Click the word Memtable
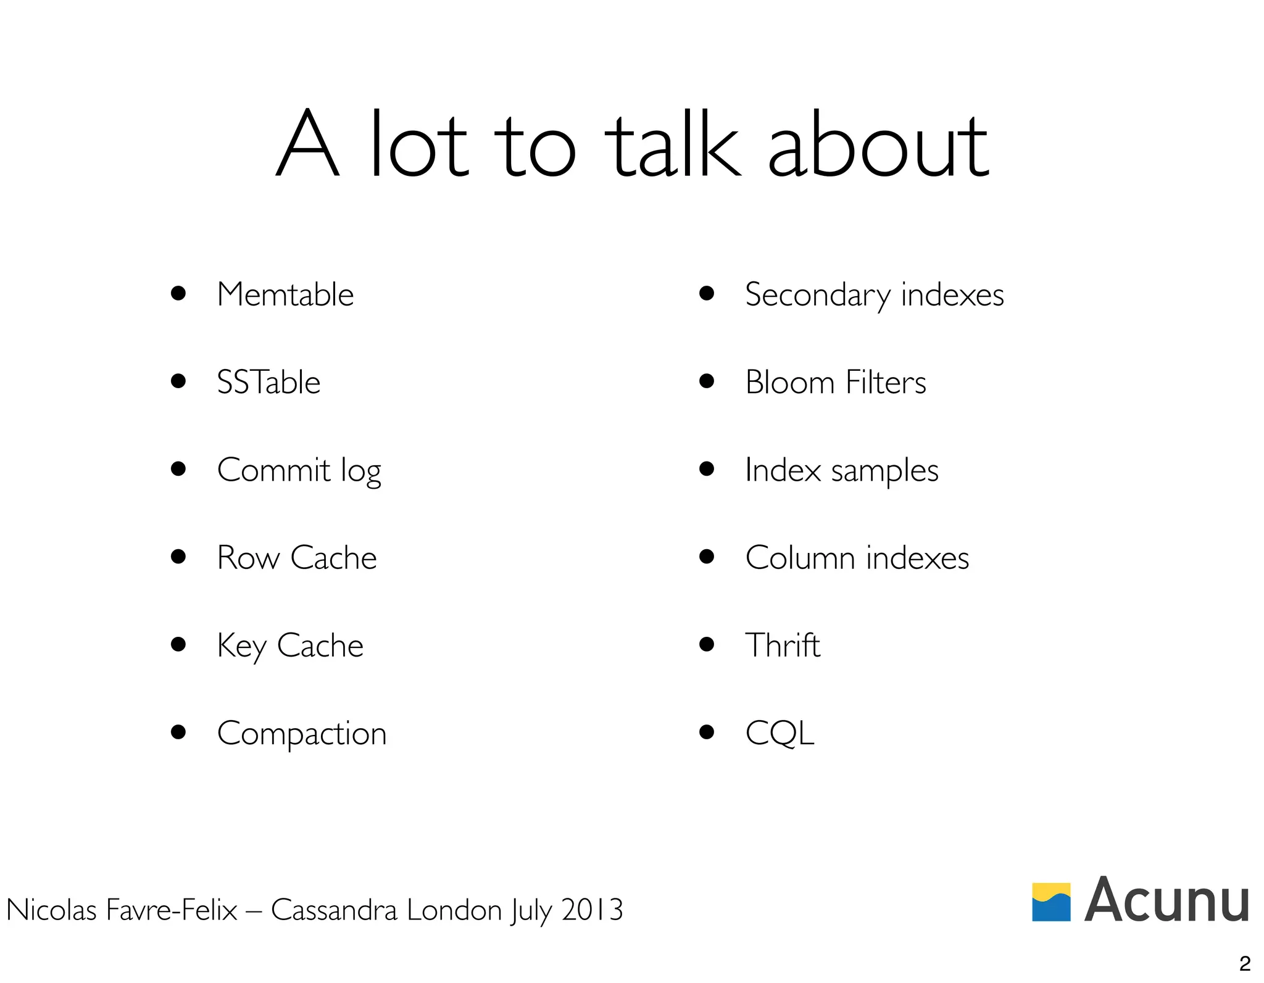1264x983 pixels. [x=285, y=294]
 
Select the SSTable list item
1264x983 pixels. [x=268, y=382]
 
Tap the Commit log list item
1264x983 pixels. [x=299, y=471]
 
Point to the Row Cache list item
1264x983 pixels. [x=296, y=558]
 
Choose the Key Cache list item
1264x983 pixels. [x=290, y=646]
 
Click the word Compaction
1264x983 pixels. [x=302, y=734]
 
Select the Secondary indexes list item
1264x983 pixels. [x=874, y=295]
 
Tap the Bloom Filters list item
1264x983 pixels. [x=835, y=382]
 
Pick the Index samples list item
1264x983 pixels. [x=841, y=471]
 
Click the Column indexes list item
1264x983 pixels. [x=857, y=558]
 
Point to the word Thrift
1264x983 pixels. [x=783, y=645]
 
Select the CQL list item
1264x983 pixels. [x=780, y=734]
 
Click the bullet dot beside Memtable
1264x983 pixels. [x=178, y=293]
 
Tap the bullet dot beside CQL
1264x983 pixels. [x=707, y=732]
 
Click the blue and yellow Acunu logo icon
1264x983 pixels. [x=1051, y=902]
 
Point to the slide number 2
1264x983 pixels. [x=1245, y=963]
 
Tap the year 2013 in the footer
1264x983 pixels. [x=592, y=910]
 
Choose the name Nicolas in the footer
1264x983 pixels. [x=51, y=910]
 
